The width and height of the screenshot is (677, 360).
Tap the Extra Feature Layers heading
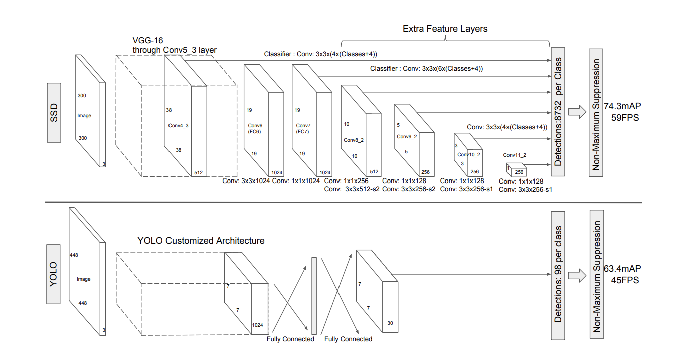coord(445,29)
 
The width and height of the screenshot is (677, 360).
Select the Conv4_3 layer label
coord(178,126)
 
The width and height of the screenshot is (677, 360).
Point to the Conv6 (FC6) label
coord(255,128)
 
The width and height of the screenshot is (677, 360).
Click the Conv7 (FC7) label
coord(303,128)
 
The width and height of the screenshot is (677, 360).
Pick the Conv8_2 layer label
coord(353,140)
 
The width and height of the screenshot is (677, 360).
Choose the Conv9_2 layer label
coord(407,136)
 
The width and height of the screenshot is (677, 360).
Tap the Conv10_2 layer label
coord(468,155)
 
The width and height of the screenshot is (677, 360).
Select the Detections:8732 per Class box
coord(558,112)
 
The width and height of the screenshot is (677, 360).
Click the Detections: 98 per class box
coord(558,274)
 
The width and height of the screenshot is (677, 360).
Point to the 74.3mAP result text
coord(622,107)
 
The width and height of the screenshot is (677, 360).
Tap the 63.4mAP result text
coord(622,269)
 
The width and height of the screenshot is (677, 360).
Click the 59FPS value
coord(625,118)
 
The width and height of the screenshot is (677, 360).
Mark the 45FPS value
coord(625,280)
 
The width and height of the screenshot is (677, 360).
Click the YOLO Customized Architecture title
coord(201,241)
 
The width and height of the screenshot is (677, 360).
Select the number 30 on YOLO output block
coord(390,323)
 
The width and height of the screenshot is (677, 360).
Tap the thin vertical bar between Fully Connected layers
coord(314,296)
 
